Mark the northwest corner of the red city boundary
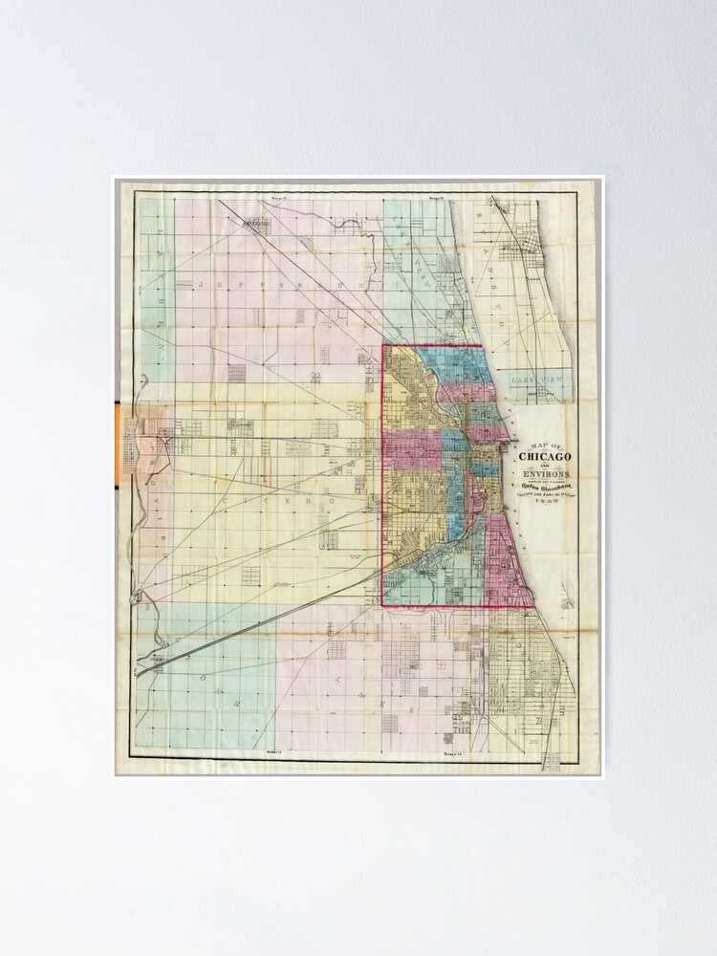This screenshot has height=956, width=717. (383, 345)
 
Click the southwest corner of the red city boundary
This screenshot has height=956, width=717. (383, 605)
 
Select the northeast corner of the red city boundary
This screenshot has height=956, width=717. (482, 345)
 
